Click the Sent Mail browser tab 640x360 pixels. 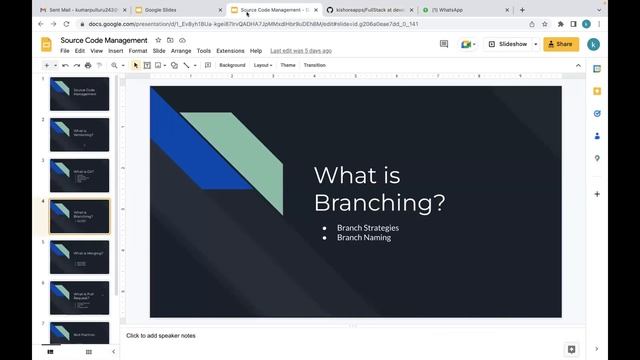pos(74,9)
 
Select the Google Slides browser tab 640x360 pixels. pos(166,9)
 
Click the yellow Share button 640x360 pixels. pos(560,44)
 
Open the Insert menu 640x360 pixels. pos(116,50)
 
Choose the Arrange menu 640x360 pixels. pos(181,50)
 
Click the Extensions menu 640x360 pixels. pos(230,50)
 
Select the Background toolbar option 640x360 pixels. pos(232,65)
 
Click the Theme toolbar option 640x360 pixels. pos(288,65)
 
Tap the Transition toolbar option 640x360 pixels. pos(315,65)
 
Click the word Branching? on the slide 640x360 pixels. pos(379,202)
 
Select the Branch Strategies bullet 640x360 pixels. pos(366,228)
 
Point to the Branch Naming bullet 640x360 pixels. pos(363,238)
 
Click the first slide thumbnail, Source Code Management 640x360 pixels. pos(80,94)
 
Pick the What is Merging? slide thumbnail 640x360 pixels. pos(80,256)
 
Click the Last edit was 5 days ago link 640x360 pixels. pos(300,50)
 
